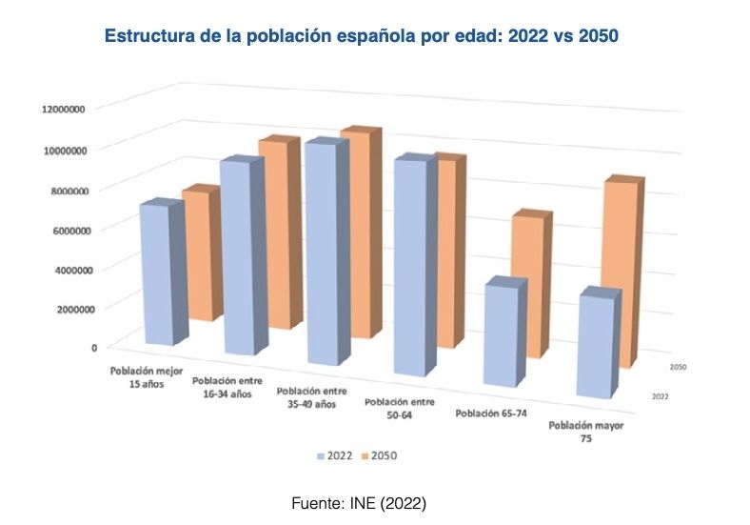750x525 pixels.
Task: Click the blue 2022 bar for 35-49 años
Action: coord(320,254)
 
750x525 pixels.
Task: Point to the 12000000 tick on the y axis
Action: coord(64,109)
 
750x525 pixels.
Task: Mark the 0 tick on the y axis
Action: coord(94,348)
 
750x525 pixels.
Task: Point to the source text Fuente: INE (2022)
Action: coord(358,501)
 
